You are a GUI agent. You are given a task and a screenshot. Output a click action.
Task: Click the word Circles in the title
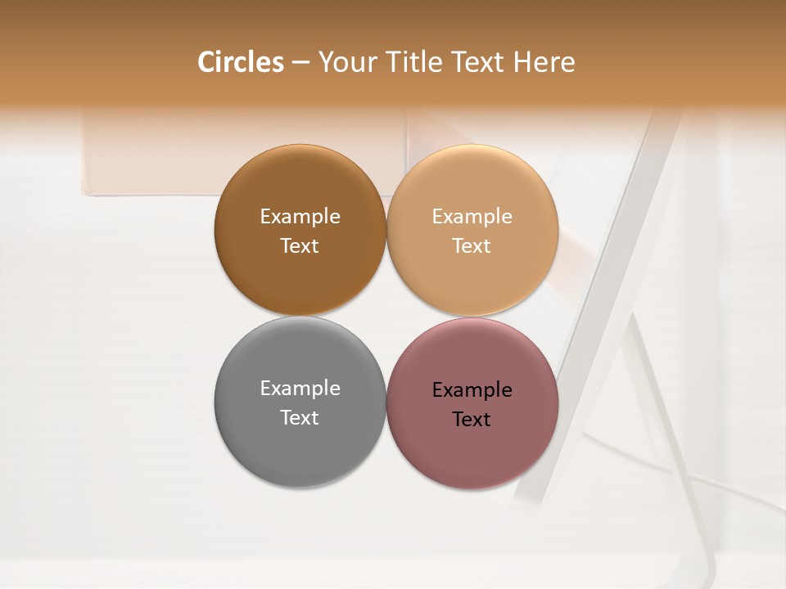click(x=241, y=62)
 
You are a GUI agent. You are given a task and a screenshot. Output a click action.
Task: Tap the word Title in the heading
click(x=414, y=62)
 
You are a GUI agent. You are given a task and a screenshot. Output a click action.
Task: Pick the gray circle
click(x=300, y=446)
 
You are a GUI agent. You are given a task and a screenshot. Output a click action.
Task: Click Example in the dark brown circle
click(x=300, y=217)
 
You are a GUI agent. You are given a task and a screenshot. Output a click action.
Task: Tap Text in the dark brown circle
click(x=300, y=246)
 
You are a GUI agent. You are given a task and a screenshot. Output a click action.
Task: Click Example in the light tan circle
click(x=472, y=217)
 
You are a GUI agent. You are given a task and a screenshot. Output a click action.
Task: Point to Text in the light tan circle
click(x=472, y=246)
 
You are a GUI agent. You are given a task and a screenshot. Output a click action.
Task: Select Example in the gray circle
click(x=300, y=389)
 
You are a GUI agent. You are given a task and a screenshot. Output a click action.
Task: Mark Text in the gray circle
click(x=300, y=418)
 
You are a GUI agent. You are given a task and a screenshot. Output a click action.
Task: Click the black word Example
click(x=472, y=390)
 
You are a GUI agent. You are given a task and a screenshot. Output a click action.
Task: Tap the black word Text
click(x=472, y=420)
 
